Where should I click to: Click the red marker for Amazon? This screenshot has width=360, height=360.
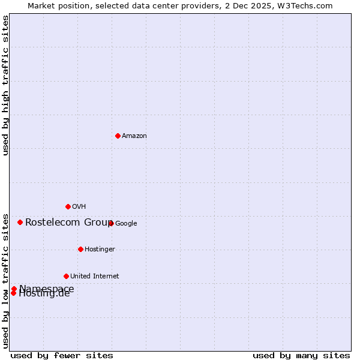[x=118, y=136]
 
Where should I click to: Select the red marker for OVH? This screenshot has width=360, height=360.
[x=68, y=206]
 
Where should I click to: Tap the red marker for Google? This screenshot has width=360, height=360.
[x=111, y=223]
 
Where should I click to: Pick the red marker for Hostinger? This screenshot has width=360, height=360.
[x=80, y=249]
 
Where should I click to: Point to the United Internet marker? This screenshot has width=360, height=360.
[x=66, y=276]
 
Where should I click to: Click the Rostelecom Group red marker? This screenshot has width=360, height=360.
[x=20, y=222]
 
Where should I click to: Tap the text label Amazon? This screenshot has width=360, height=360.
[x=134, y=136]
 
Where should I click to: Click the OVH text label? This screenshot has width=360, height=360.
[x=79, y=207]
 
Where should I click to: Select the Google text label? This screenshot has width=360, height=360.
[x=126, y=224]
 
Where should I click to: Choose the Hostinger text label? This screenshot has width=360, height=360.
[x=100, y=250]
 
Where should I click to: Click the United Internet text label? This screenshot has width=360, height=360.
[x=94, y=277]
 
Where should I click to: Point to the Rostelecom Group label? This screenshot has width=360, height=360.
[x=69, y=223]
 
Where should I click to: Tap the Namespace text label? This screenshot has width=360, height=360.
[x=47, y=289]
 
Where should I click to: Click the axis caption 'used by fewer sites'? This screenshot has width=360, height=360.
[x=62, y=355]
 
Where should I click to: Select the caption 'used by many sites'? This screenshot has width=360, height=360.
[x=301, y=355]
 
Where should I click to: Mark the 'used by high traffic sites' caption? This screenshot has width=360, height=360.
[x=5, y=85]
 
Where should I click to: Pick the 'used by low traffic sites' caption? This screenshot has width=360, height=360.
[x=5, y=280]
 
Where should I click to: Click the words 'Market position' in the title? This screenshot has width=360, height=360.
[x=57, y=5]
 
